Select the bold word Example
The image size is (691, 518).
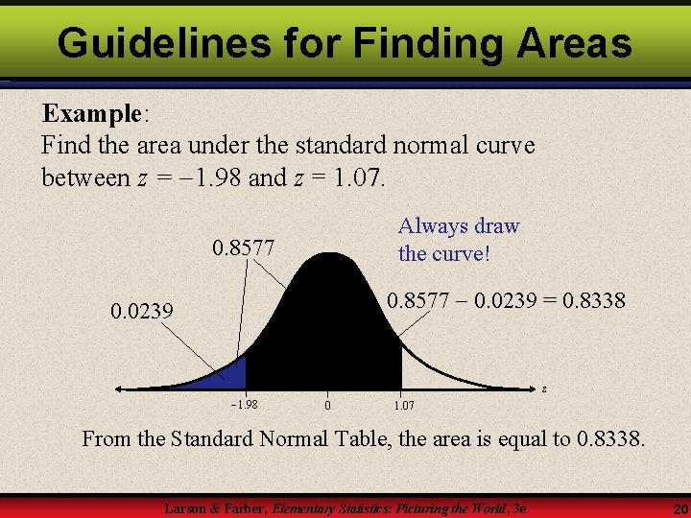click(91, 113)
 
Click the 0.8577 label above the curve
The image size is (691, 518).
click(243, 248)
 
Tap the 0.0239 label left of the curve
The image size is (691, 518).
click(142, 311)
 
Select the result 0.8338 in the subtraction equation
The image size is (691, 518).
click(591, 300)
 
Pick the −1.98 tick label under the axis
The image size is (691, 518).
click(245, 405)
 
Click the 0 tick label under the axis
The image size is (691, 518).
click(327, 406)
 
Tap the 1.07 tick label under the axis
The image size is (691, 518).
click(404, 406)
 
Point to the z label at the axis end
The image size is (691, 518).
click(543, 388)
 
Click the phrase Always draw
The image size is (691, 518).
click(459, 226)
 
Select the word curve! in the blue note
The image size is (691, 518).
click(462, 254)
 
